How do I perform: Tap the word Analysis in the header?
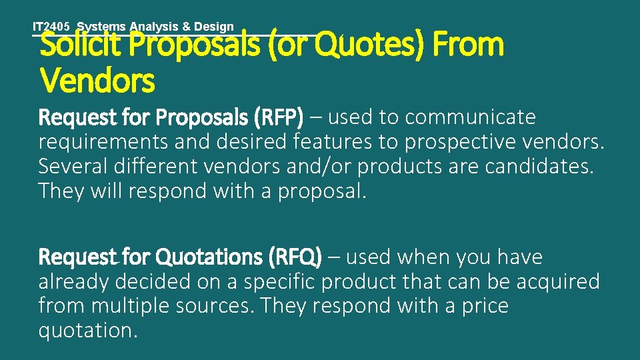[153, 27]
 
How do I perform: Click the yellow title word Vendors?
[97, 81]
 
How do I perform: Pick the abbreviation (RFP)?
[279, 118]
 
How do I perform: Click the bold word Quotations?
[211, 257]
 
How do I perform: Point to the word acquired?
[559, 282]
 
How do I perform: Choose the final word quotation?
[88, 331]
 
